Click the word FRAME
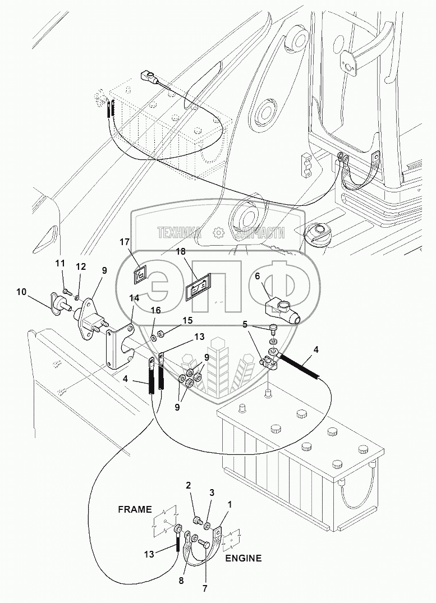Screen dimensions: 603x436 [135, 509]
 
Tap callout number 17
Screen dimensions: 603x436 [124, 242]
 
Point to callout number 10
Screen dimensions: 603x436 [21, 291]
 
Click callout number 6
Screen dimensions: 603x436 [257, 276]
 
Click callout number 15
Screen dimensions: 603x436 [187, 320]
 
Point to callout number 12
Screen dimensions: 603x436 [81, 266]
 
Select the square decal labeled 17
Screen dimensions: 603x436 [140, 274]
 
